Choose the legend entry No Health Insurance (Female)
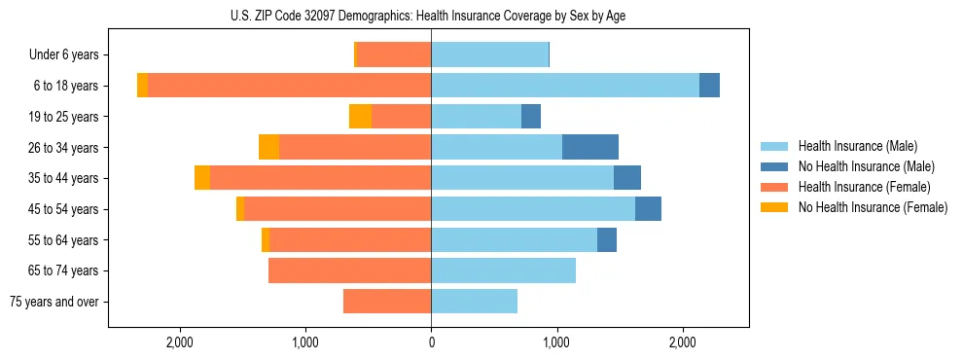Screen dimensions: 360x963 click(x=872, y=207)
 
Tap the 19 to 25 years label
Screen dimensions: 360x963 click(x=64, y=117)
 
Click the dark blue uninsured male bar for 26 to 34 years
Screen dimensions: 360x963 click(x=590, y=147)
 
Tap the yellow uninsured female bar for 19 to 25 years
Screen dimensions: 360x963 click(x=360, y=117)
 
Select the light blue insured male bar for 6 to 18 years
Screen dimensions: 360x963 click(x=565, y=86)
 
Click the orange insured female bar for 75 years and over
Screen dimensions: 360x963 click(x=387, y=302)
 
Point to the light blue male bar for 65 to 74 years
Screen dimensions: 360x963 click(x=503, y=270)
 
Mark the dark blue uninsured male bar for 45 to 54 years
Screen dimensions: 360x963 click(x=648, y=209)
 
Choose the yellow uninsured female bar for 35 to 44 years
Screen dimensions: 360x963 click(x=202, y=178)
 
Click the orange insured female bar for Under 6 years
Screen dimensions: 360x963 click(x=394, y=55)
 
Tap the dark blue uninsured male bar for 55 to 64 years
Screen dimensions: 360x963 click(x=607, y=239)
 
